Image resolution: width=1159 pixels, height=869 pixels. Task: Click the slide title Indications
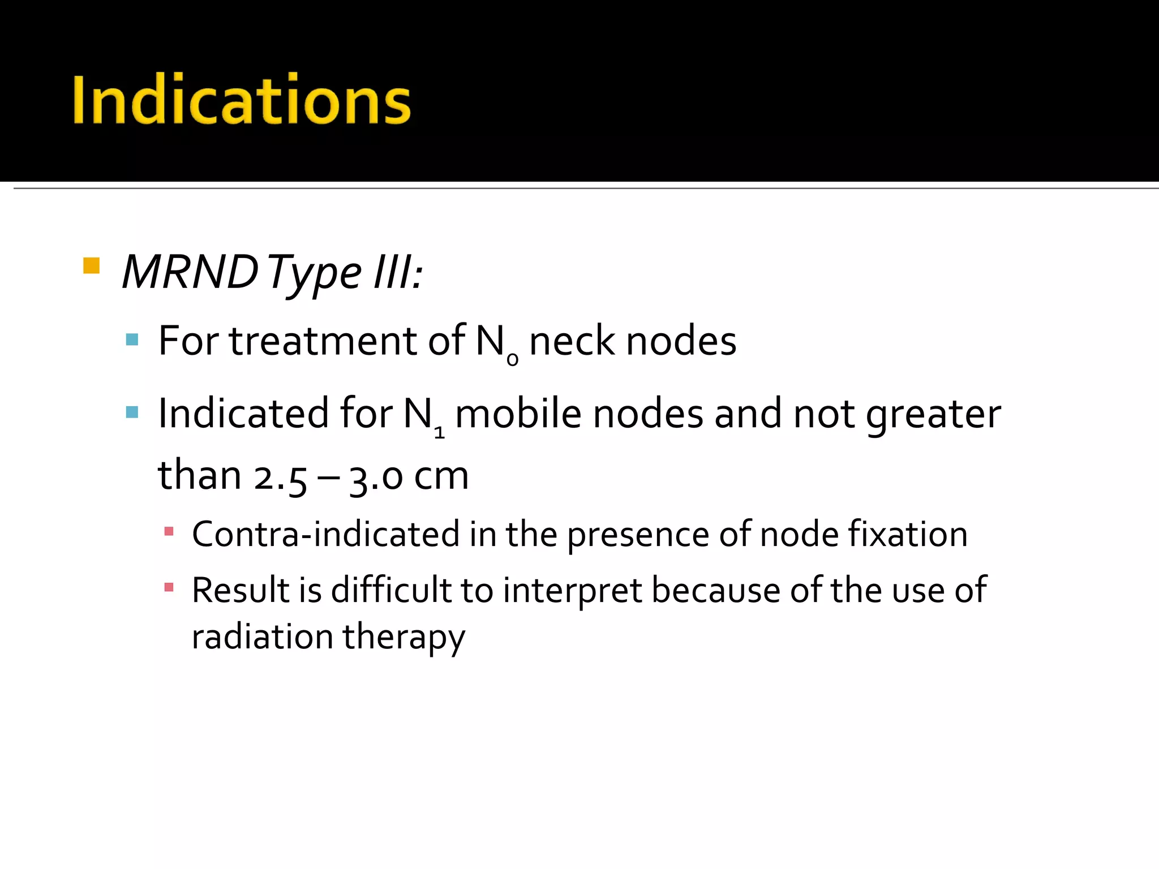click(242, 100)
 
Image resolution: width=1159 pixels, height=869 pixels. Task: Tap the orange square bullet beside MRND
click(91, 265)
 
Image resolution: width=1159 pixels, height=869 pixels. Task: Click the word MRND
click(190, 273)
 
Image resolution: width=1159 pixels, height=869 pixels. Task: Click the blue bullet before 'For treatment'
click(132, 339)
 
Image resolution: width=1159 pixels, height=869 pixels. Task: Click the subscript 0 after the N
click(512, 359)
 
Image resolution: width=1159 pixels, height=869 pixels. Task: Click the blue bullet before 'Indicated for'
click(132, 412)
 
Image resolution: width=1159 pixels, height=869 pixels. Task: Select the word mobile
click(518, 414)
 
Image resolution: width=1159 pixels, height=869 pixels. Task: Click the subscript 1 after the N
click(439, 433)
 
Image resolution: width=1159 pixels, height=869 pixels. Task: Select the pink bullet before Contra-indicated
click(169, 531)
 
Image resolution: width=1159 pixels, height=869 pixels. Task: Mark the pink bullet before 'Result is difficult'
click(169, 587)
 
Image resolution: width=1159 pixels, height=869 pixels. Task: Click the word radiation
click(262, 637)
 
